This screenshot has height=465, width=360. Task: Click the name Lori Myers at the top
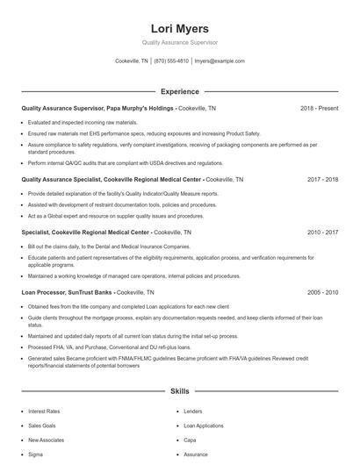(180, 28)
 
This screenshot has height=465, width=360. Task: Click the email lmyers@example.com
(220, 61)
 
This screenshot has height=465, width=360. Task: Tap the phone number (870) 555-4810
(171, 61)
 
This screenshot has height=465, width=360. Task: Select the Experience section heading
(180, 91)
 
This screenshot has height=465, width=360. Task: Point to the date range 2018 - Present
(319, 108)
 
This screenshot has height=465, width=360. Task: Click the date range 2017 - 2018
(322, 179)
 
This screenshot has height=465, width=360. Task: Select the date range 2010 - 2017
(322, 232)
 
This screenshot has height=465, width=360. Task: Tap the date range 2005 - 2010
(322, 291)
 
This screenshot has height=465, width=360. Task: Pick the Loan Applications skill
(204, 426)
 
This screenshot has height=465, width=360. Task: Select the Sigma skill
(36, 454)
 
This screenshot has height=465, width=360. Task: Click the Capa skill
(190, 440)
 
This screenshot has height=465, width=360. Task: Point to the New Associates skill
(45, 440)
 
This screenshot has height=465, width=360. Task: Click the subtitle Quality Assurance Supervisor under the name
(180, 42)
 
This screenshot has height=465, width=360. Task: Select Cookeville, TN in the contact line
(131, 61)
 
